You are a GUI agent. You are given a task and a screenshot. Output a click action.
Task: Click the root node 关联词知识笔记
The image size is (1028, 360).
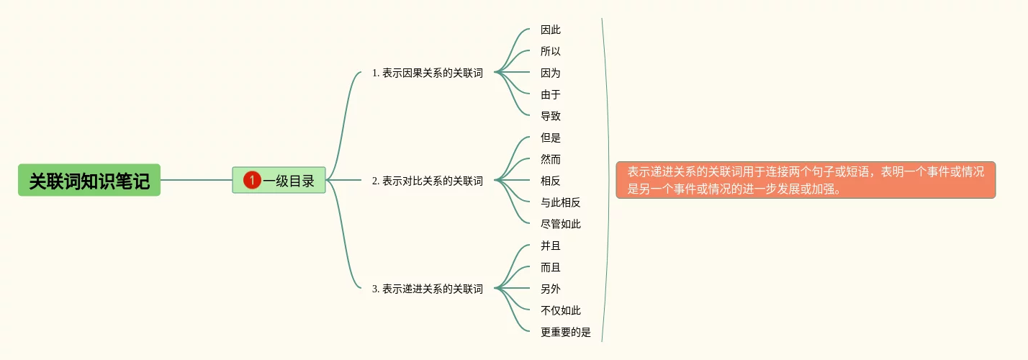(89, 180)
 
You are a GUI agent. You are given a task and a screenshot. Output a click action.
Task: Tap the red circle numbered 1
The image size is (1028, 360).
(252, 180)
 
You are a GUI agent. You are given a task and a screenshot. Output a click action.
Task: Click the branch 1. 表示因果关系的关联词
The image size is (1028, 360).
(427, 73)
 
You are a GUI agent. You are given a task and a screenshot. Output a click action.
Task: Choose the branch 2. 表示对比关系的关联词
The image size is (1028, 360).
(427, 181)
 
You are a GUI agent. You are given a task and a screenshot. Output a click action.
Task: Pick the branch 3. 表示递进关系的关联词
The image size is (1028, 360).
(427, 289)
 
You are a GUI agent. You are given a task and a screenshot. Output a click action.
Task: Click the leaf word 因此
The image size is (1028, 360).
(551, 30)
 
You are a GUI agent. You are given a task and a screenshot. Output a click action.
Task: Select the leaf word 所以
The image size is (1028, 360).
(551, 51)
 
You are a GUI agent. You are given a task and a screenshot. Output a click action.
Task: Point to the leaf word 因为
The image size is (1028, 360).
(551, 73)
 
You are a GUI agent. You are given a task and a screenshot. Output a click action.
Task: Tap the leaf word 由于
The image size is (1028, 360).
(551, 94)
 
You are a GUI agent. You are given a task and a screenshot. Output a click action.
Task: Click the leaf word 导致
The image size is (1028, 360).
(551, 116)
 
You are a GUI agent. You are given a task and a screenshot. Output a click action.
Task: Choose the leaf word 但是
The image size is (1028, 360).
(551, 138)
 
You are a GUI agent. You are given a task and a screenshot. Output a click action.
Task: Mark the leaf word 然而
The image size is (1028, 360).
(551, 159)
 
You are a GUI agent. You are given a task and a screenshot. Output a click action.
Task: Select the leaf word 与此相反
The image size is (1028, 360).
(561, 202)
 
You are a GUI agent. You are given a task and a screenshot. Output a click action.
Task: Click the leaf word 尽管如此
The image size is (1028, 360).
(561, 224)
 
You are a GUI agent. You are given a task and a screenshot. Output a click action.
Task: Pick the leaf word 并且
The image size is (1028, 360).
(551, 246)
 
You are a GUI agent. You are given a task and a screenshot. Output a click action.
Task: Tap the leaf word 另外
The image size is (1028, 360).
(551, 289)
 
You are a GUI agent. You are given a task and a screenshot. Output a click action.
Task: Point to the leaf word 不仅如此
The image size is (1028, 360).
(561, 310)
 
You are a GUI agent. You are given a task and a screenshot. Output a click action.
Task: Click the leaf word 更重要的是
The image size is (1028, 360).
(566, 332)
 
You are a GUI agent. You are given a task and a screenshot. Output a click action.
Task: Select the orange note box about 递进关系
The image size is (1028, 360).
(806, 180)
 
